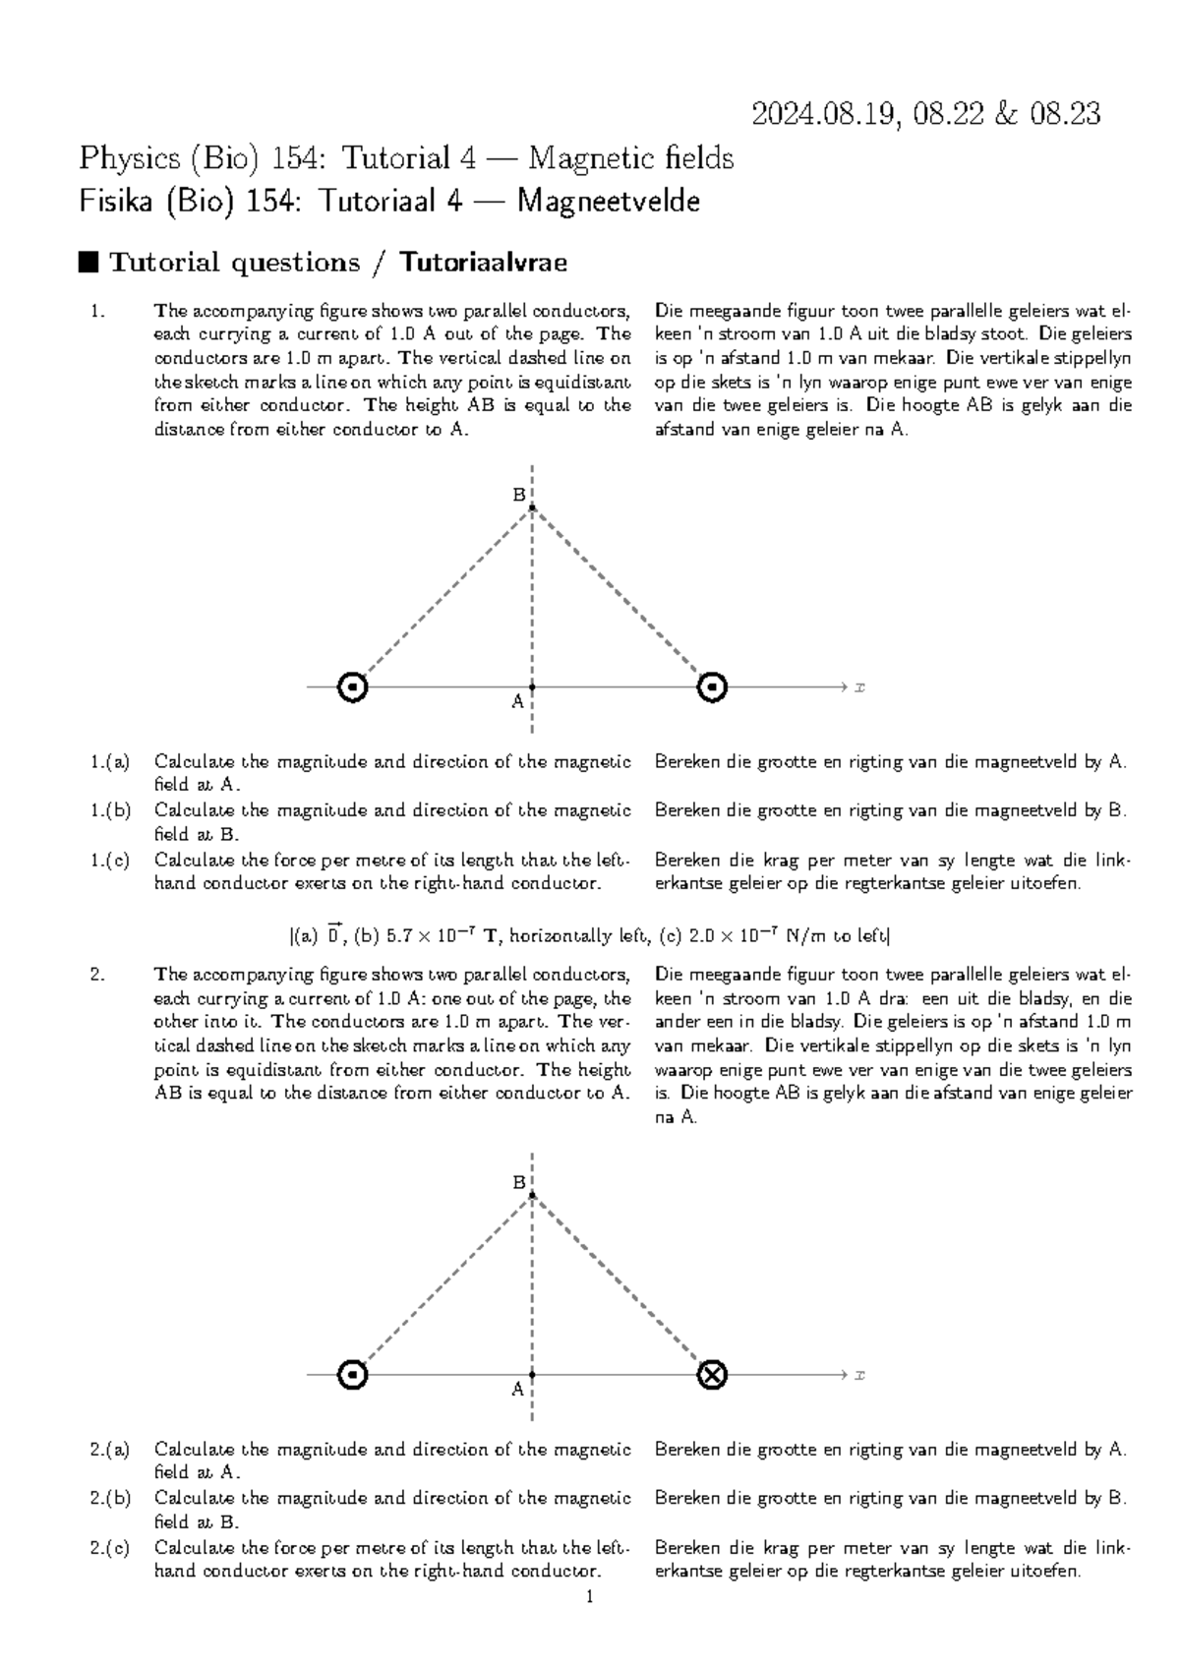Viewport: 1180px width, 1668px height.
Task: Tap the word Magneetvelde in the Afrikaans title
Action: pyautogui.click(x=609, y=202)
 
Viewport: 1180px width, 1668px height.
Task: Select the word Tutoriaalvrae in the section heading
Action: pyautogui.click(x=483, y=263)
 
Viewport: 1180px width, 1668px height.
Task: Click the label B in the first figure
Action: pyautogui.click(x=518, y=496)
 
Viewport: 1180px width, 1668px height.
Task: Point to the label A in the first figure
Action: pyautogui.click(x=516, y=702)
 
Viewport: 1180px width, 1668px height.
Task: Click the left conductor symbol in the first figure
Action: pyautogui.click(x=352, y=686)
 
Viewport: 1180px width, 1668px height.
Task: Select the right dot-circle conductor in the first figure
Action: pyautogui.click(x=712, y=686)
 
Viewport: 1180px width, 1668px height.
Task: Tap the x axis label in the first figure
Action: pyautogui.click(x=859, y=686)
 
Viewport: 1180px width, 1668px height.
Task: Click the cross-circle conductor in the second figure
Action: pyautogui.click(x=712, y=1374)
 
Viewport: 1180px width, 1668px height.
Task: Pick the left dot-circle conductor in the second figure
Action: pyautogui.click(x=352, y=1374)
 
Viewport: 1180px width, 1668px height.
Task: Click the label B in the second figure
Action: pyautogui.click(x=518, y=1183)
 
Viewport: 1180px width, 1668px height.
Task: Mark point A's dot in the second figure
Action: pyautogui.click(x=532, y=1374)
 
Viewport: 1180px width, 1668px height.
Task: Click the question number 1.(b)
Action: pyautogui.click(x=109, y=811)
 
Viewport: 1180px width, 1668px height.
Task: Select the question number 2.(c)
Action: pyautogui.click(x=109, y=1548)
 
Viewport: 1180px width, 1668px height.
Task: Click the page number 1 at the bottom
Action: pyautogui.click(x=589, y=1598)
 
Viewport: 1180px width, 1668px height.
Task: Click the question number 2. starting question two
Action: pyautogui.click(x=96, y=975)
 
